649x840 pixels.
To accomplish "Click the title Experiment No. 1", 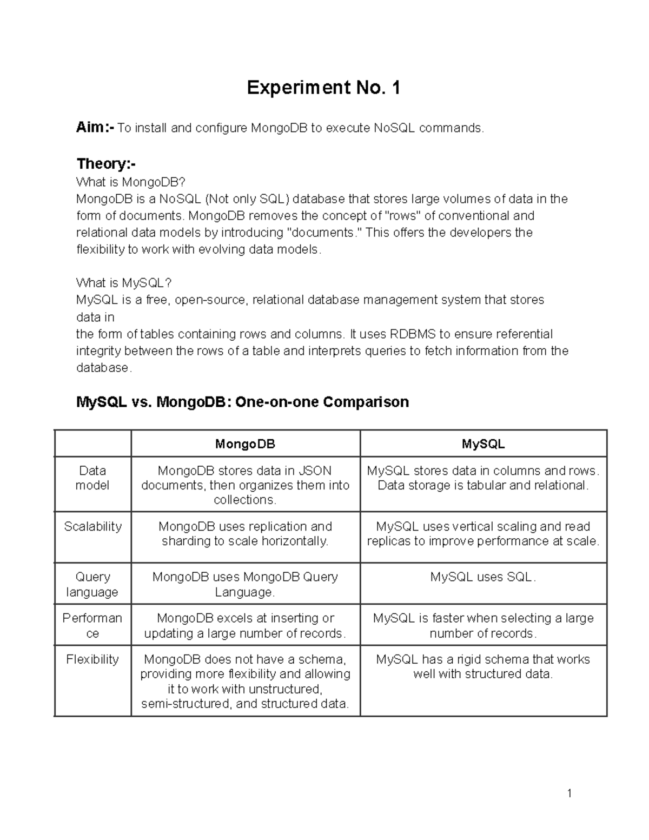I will (323, 88).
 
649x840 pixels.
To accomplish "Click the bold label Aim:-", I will (95, 128).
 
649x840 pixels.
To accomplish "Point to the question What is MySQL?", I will (124, 283).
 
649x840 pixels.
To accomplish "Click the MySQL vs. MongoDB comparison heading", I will (242, 402).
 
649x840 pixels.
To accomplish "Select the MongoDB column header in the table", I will (245, 444).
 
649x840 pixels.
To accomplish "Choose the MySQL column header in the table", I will (483, 444).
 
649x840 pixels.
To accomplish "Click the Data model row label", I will (92, 478).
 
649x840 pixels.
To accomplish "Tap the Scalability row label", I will (92, 526).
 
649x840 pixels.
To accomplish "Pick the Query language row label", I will (92, 584).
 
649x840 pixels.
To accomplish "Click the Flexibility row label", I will (92, 659).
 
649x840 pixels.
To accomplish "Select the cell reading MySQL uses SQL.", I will (483, 577).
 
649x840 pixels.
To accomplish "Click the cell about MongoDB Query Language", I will (245, 584).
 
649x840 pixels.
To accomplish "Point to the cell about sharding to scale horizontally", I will (245, 534).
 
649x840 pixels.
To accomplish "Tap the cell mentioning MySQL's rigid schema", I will (483, 666).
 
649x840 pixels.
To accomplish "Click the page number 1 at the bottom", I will (569, 793).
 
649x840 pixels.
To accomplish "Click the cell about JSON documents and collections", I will (245, 485).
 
